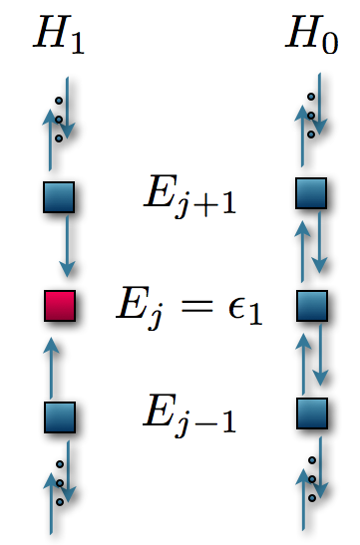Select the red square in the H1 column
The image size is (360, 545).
[59, 307]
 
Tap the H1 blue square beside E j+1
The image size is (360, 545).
[59, 197]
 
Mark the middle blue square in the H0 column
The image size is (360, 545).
[311, 306]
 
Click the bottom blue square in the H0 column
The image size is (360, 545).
[311, 412]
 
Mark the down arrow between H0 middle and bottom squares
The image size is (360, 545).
[319, 359]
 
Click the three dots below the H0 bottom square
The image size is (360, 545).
[312, 477]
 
